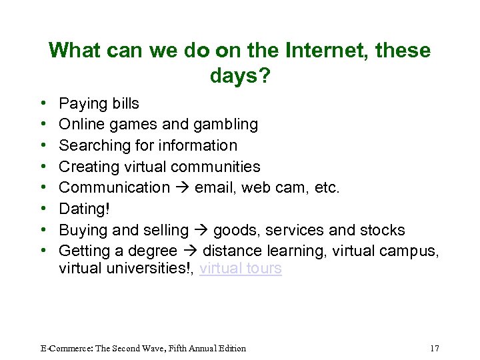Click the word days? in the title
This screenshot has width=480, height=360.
coord(240,76)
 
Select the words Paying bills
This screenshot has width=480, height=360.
coord(99,103)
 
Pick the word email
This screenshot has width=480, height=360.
coord(214,188)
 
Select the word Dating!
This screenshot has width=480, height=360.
coord(83,209)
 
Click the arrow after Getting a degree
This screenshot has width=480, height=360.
coord(190,251)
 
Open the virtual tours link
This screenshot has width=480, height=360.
coord(241,269)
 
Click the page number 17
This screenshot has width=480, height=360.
coord(435,348)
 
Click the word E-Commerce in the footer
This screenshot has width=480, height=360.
coord(64,348)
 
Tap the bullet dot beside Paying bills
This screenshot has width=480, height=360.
coord(43,104)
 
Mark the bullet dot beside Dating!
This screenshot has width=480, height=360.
coord(43,209)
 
